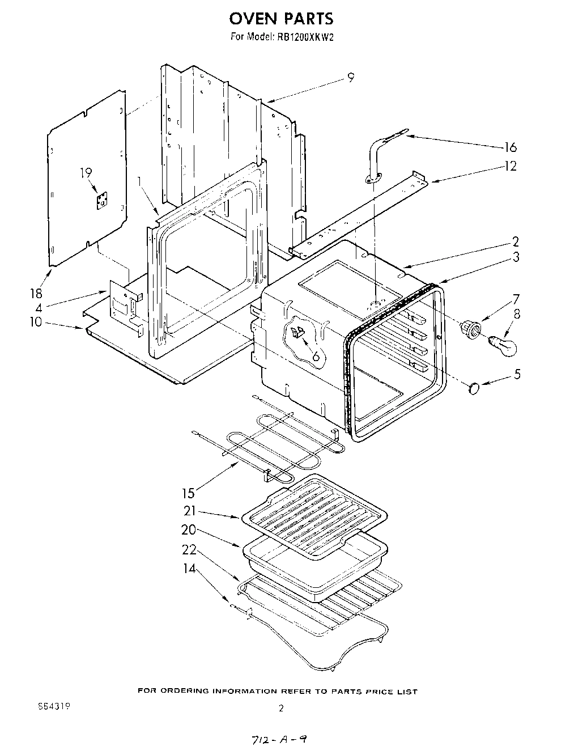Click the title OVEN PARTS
coord(281,19)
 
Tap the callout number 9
coord(351,78)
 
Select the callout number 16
coord(511,147)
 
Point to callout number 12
coord(511,166)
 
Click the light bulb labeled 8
coord(503,346)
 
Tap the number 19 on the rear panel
coord(86,173)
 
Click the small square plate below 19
coord(103,200)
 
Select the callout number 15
coord(189,493)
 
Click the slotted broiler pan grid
coord(315,513)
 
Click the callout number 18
coord(36,293)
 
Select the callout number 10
coord(36,322)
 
